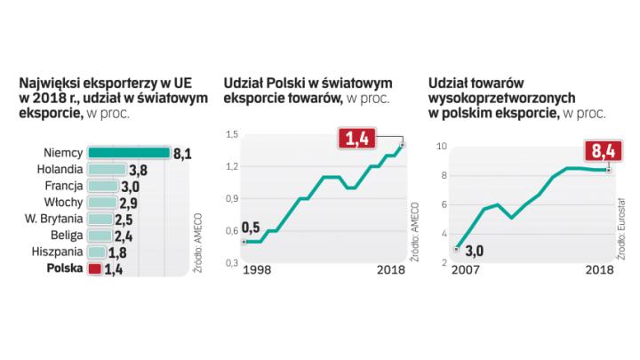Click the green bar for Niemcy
(129, 153)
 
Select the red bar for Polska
(92, 268)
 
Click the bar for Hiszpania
(100, 252)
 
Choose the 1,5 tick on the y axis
(231, 134)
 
